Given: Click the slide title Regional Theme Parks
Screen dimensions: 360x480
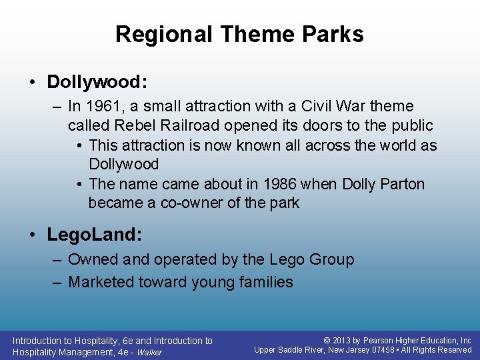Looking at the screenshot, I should point(239,34).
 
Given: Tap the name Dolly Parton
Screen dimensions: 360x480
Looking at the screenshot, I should point(383,184).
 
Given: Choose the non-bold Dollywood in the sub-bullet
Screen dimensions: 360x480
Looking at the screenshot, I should point(123,164).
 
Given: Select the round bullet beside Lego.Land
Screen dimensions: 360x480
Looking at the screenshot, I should point(33,235).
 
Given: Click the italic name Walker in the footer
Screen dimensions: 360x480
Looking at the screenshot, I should point(149,353).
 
